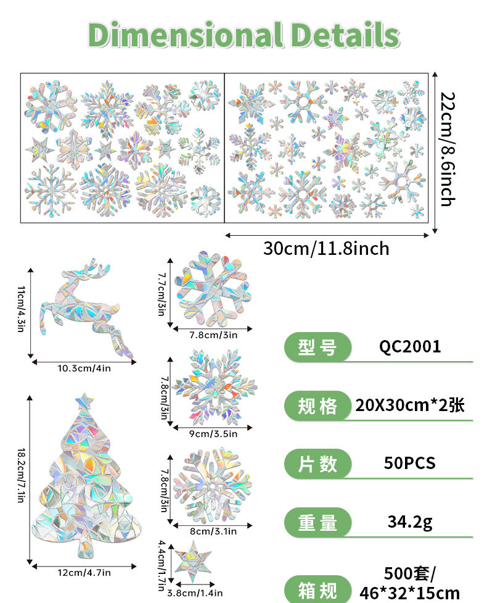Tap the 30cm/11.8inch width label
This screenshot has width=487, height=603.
point(326,248)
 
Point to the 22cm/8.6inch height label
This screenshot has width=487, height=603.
point(448,149)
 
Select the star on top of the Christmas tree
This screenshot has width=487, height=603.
point(84,402)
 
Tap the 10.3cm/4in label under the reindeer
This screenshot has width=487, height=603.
point(84,368)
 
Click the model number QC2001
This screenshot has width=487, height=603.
point(410,346)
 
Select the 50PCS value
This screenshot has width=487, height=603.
point(410,463)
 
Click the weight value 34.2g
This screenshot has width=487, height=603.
point(410,522)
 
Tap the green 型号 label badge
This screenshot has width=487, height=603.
point(317,347)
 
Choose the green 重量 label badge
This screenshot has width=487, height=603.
point(317,523)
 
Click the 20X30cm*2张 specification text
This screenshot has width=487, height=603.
point(410,405)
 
